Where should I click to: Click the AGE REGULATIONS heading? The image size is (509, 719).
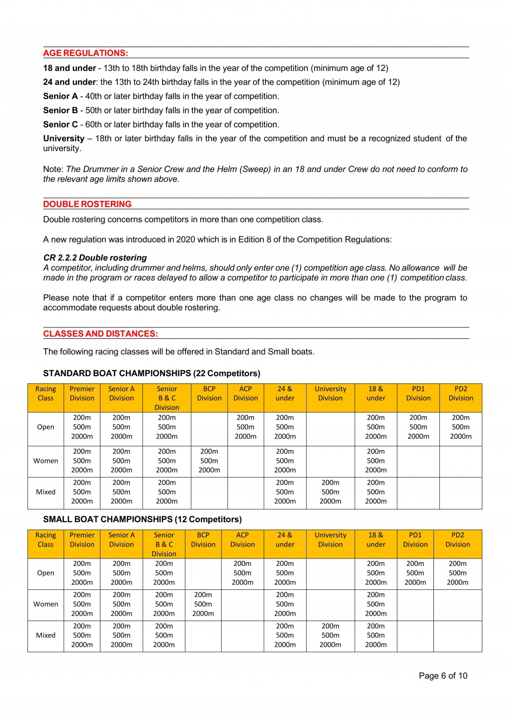point(85,53)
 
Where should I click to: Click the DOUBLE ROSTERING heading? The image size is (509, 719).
point(87,204)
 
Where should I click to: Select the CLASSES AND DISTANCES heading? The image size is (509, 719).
point(100,334)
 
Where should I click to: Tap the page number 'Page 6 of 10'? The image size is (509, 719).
point(443,676)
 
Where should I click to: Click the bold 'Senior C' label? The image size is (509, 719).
point(61,125)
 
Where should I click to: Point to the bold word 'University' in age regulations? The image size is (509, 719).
point(64,139)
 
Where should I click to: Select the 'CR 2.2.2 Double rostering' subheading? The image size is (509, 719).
point(95,258)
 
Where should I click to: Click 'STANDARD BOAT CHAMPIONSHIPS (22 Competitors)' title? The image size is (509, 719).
point(152,374)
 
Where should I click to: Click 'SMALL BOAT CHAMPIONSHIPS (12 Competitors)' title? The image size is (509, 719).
point(142,520)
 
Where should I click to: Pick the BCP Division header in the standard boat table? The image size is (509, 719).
point(209,394)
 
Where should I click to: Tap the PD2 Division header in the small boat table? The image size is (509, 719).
point(457,540)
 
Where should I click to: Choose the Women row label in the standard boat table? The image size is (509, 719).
point(46,461)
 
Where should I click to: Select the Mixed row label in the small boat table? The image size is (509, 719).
point(46,636)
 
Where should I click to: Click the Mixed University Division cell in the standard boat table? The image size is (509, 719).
point(330,492)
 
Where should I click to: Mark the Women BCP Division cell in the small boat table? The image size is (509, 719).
point(203,604)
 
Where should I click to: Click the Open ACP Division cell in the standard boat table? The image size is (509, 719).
point(246,427)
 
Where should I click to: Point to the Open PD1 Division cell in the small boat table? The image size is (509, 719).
point(415,573)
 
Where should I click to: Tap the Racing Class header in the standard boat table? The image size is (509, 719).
point(46,394)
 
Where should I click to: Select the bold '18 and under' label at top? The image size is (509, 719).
point(70,69)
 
